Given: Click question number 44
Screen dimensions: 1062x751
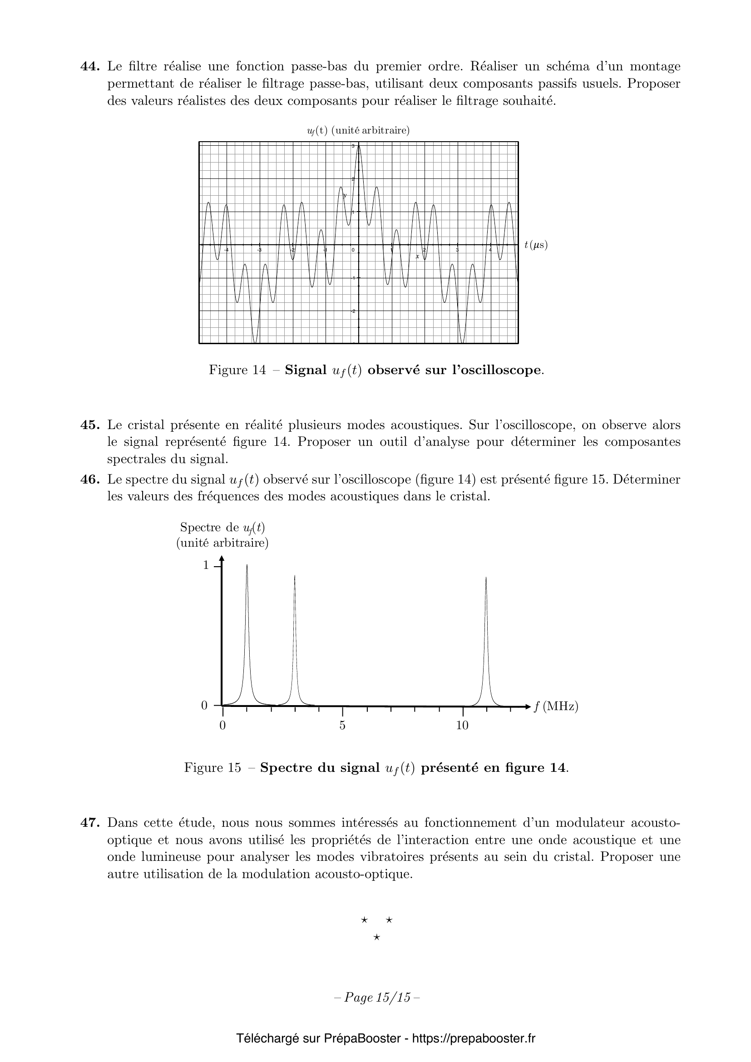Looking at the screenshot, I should coord(90,67).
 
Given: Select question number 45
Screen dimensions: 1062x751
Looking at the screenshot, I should coord(90,425).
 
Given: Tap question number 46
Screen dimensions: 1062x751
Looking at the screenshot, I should coord(90,479).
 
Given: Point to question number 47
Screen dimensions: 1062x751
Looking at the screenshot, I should coord(90,823).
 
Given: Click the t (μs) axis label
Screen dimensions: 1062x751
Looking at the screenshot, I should coord(536,245).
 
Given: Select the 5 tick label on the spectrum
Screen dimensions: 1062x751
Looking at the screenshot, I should coord(342,725).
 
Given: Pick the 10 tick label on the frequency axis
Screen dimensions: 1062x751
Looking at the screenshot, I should coord(462,725).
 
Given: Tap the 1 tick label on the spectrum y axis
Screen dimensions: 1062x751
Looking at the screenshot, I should coord(206,565).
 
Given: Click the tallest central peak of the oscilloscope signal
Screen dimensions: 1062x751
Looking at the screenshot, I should coord(359,147).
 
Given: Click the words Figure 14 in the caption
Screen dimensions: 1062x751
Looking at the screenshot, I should coord(237,370).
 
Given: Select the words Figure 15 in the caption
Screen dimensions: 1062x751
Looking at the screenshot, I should coord(212,768).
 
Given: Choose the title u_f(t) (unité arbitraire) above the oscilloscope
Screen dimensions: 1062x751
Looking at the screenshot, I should coord(358,131).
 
